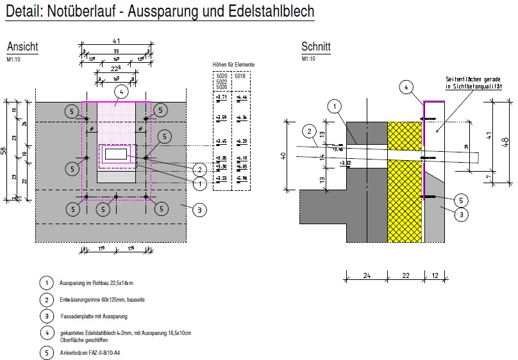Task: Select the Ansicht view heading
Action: (22, 47)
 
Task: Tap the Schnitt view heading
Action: (315, 47)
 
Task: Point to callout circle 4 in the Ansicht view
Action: (115, 92)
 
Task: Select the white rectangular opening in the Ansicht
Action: (116, 154)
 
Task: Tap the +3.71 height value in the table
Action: (222, 97)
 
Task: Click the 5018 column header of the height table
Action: (240, 76)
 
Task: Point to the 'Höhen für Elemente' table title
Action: (233, 65)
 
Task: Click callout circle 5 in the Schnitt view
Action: (459, 199)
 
